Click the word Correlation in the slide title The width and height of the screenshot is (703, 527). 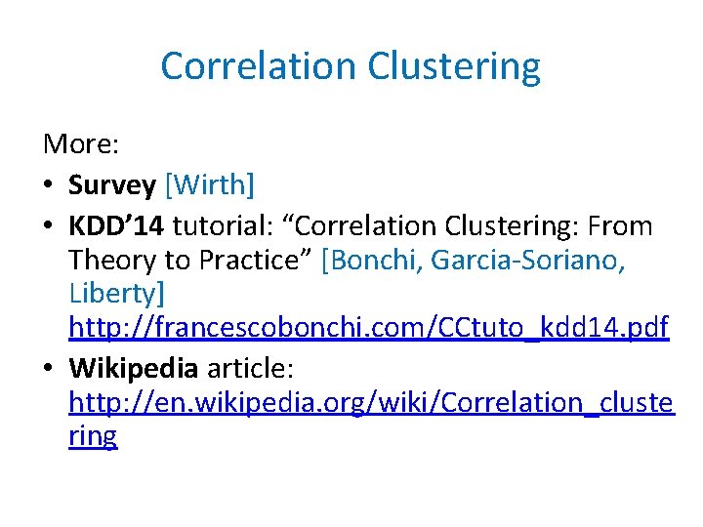259,66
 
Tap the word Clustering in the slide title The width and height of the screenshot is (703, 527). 454,66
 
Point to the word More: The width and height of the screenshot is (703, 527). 81,144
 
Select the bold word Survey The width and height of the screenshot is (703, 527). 112,185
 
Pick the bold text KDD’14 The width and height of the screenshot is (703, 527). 116,226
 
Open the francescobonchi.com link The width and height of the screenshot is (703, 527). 368,328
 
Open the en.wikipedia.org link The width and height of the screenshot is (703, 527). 371,402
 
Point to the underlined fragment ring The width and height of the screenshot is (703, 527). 93,436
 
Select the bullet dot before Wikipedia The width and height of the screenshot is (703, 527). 50,370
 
